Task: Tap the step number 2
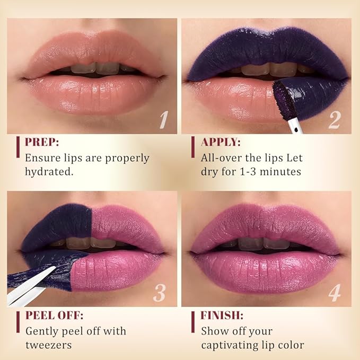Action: coord(333,119)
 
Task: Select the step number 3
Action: coord(159,293)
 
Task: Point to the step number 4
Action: coord(334,293)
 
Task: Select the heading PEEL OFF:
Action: coord(54,316)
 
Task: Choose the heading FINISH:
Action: coord(222,316)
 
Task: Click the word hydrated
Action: coord(51,171)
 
